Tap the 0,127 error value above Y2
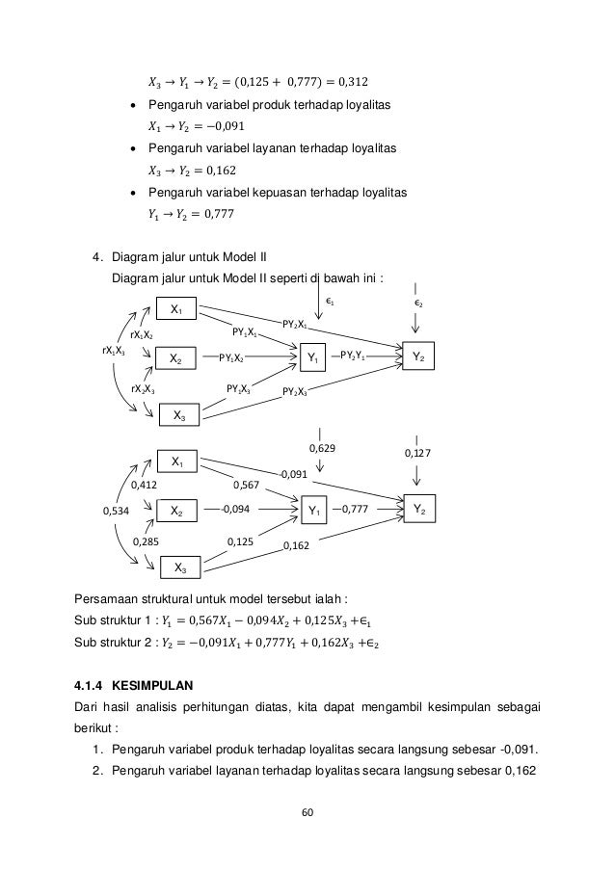click(x=417, y=454)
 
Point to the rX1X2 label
click(x=142, y=333)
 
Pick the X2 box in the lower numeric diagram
click(x=177, y=510)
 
